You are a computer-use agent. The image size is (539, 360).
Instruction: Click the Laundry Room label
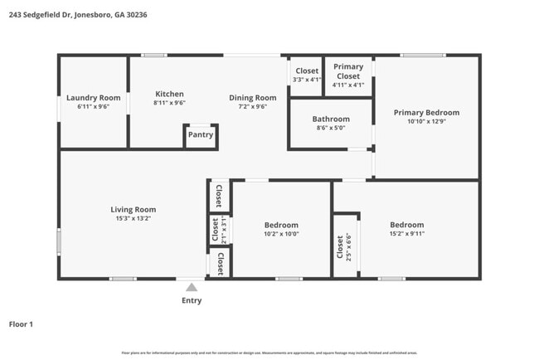click(x=93, y=98)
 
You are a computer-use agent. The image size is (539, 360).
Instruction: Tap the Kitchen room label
click(x=169, y=94)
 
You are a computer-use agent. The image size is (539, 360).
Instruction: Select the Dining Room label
click(x=252, y=98)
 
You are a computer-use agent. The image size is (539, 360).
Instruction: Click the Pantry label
click(x=200, y=134)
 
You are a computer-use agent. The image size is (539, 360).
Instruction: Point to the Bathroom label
click(x=330, y=119)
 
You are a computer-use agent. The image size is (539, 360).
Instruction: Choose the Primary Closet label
click(x=348, y=71)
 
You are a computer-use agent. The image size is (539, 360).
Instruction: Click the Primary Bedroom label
click(x=426, y=113)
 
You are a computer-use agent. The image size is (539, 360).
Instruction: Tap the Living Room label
click(x=134, y=210)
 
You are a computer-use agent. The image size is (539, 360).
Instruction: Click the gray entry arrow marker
click(x=192, y=287)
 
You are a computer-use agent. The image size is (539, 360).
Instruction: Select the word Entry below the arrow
click(x=192, y=300)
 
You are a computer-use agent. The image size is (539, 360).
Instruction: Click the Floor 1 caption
click(x=21, y=324)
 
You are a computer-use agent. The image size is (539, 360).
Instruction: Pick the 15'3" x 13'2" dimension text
click(x=134, y=219)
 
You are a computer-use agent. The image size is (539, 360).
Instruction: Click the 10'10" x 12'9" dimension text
click(x=426, y=122)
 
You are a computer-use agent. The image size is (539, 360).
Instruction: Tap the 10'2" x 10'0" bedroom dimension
click(x=280, y=235)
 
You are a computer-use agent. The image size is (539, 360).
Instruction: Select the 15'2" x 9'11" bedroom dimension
click(x=406, y=235)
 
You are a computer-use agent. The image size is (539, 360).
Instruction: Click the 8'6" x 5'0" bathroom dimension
click(x=330, y=129)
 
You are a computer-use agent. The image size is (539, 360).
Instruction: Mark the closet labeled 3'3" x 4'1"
click(x=307, y=75)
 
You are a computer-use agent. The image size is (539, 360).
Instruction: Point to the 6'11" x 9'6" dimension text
click(x=93, y=107)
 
